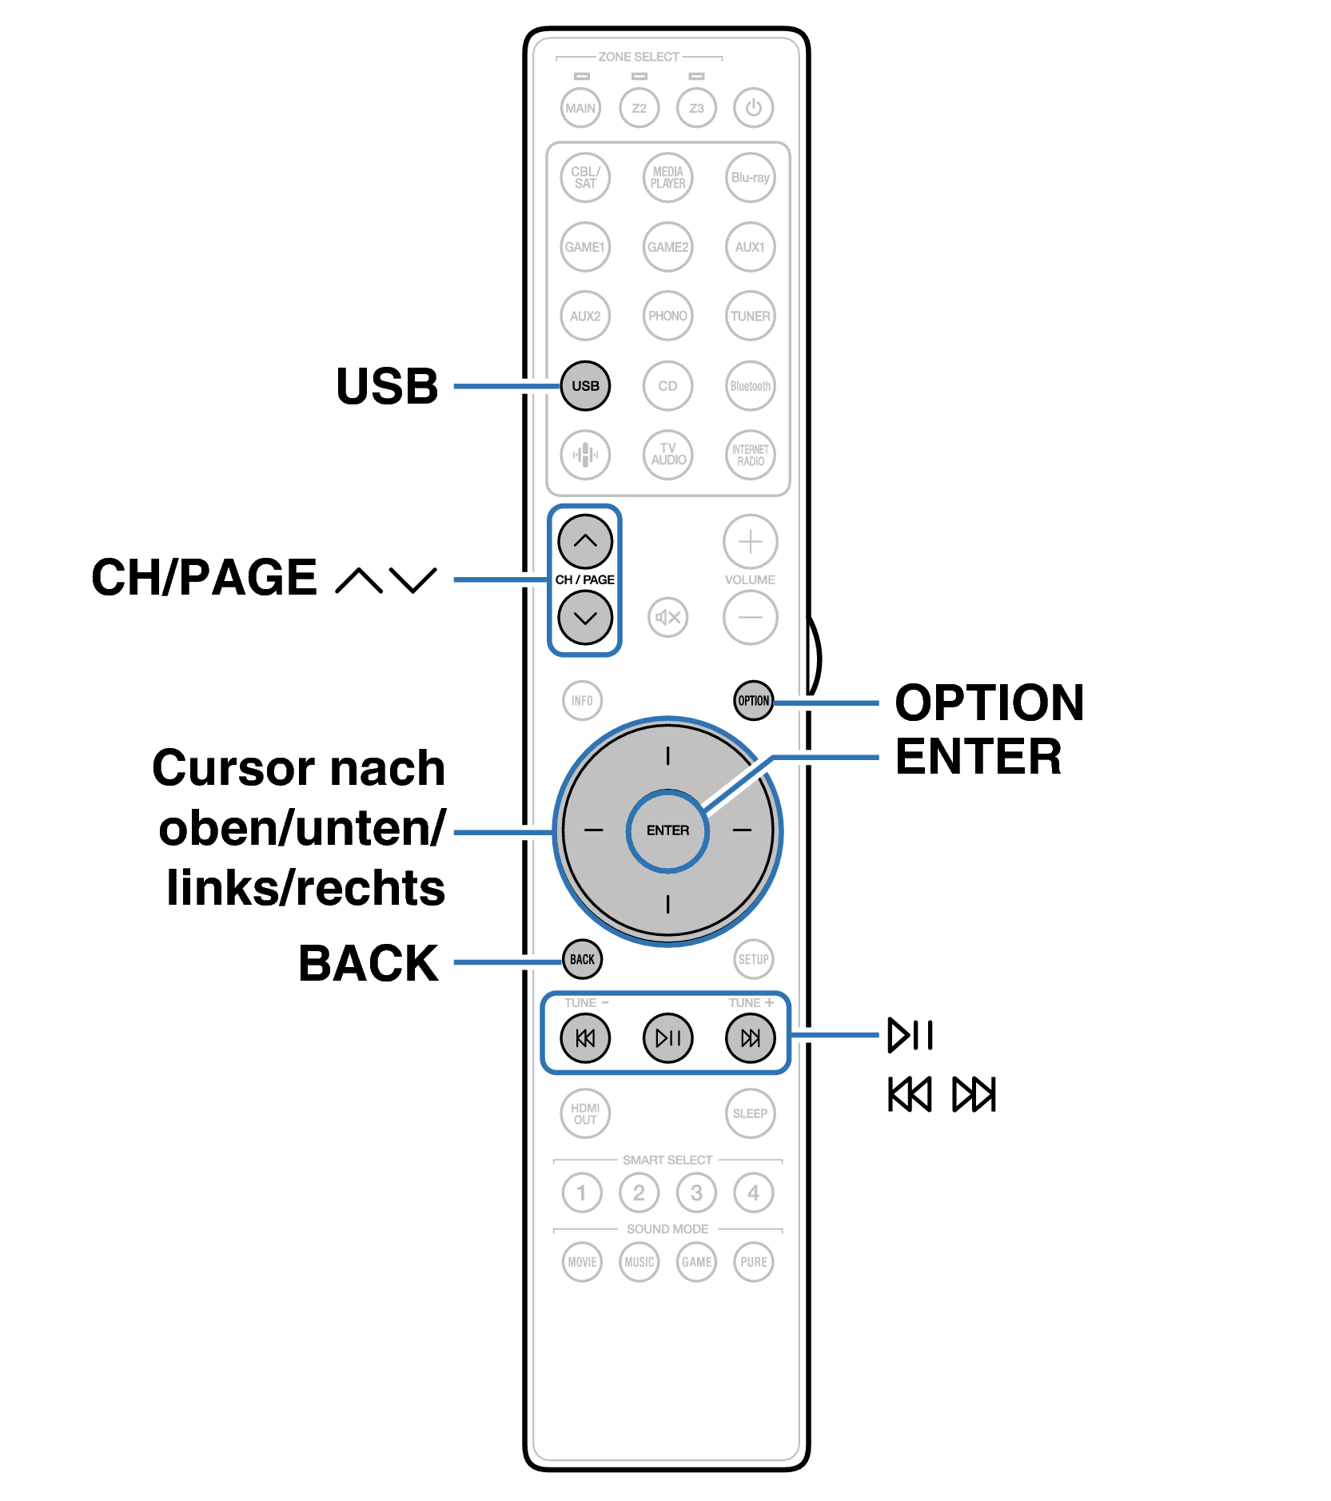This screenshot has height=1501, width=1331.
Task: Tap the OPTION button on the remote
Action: tap(753, 701)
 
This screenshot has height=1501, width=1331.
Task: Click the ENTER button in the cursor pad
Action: tap(667, 830)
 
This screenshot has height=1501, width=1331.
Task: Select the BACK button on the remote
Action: tap(582, 959)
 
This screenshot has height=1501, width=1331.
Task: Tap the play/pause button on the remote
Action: tap(667, 1037)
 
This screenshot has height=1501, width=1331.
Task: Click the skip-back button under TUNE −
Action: tap(585, 1037)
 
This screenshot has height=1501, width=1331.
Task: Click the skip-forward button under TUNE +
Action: tap(750, 1037)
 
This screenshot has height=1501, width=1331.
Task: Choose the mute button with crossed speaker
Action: tap(667, 617)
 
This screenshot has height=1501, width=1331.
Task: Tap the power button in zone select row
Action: tap(753, 108)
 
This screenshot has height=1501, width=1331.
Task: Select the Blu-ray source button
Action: tap(750, 177)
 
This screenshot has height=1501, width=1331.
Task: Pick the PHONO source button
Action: tap(667, 316)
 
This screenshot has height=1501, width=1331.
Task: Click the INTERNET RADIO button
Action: tap(750, 455)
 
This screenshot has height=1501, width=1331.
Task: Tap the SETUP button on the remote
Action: tap(753, 959)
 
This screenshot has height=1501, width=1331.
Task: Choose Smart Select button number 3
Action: tap(696, 1192)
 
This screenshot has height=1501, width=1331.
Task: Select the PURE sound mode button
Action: tap(753, 1262)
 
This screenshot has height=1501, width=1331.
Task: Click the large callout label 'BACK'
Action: tap(369, 963)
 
